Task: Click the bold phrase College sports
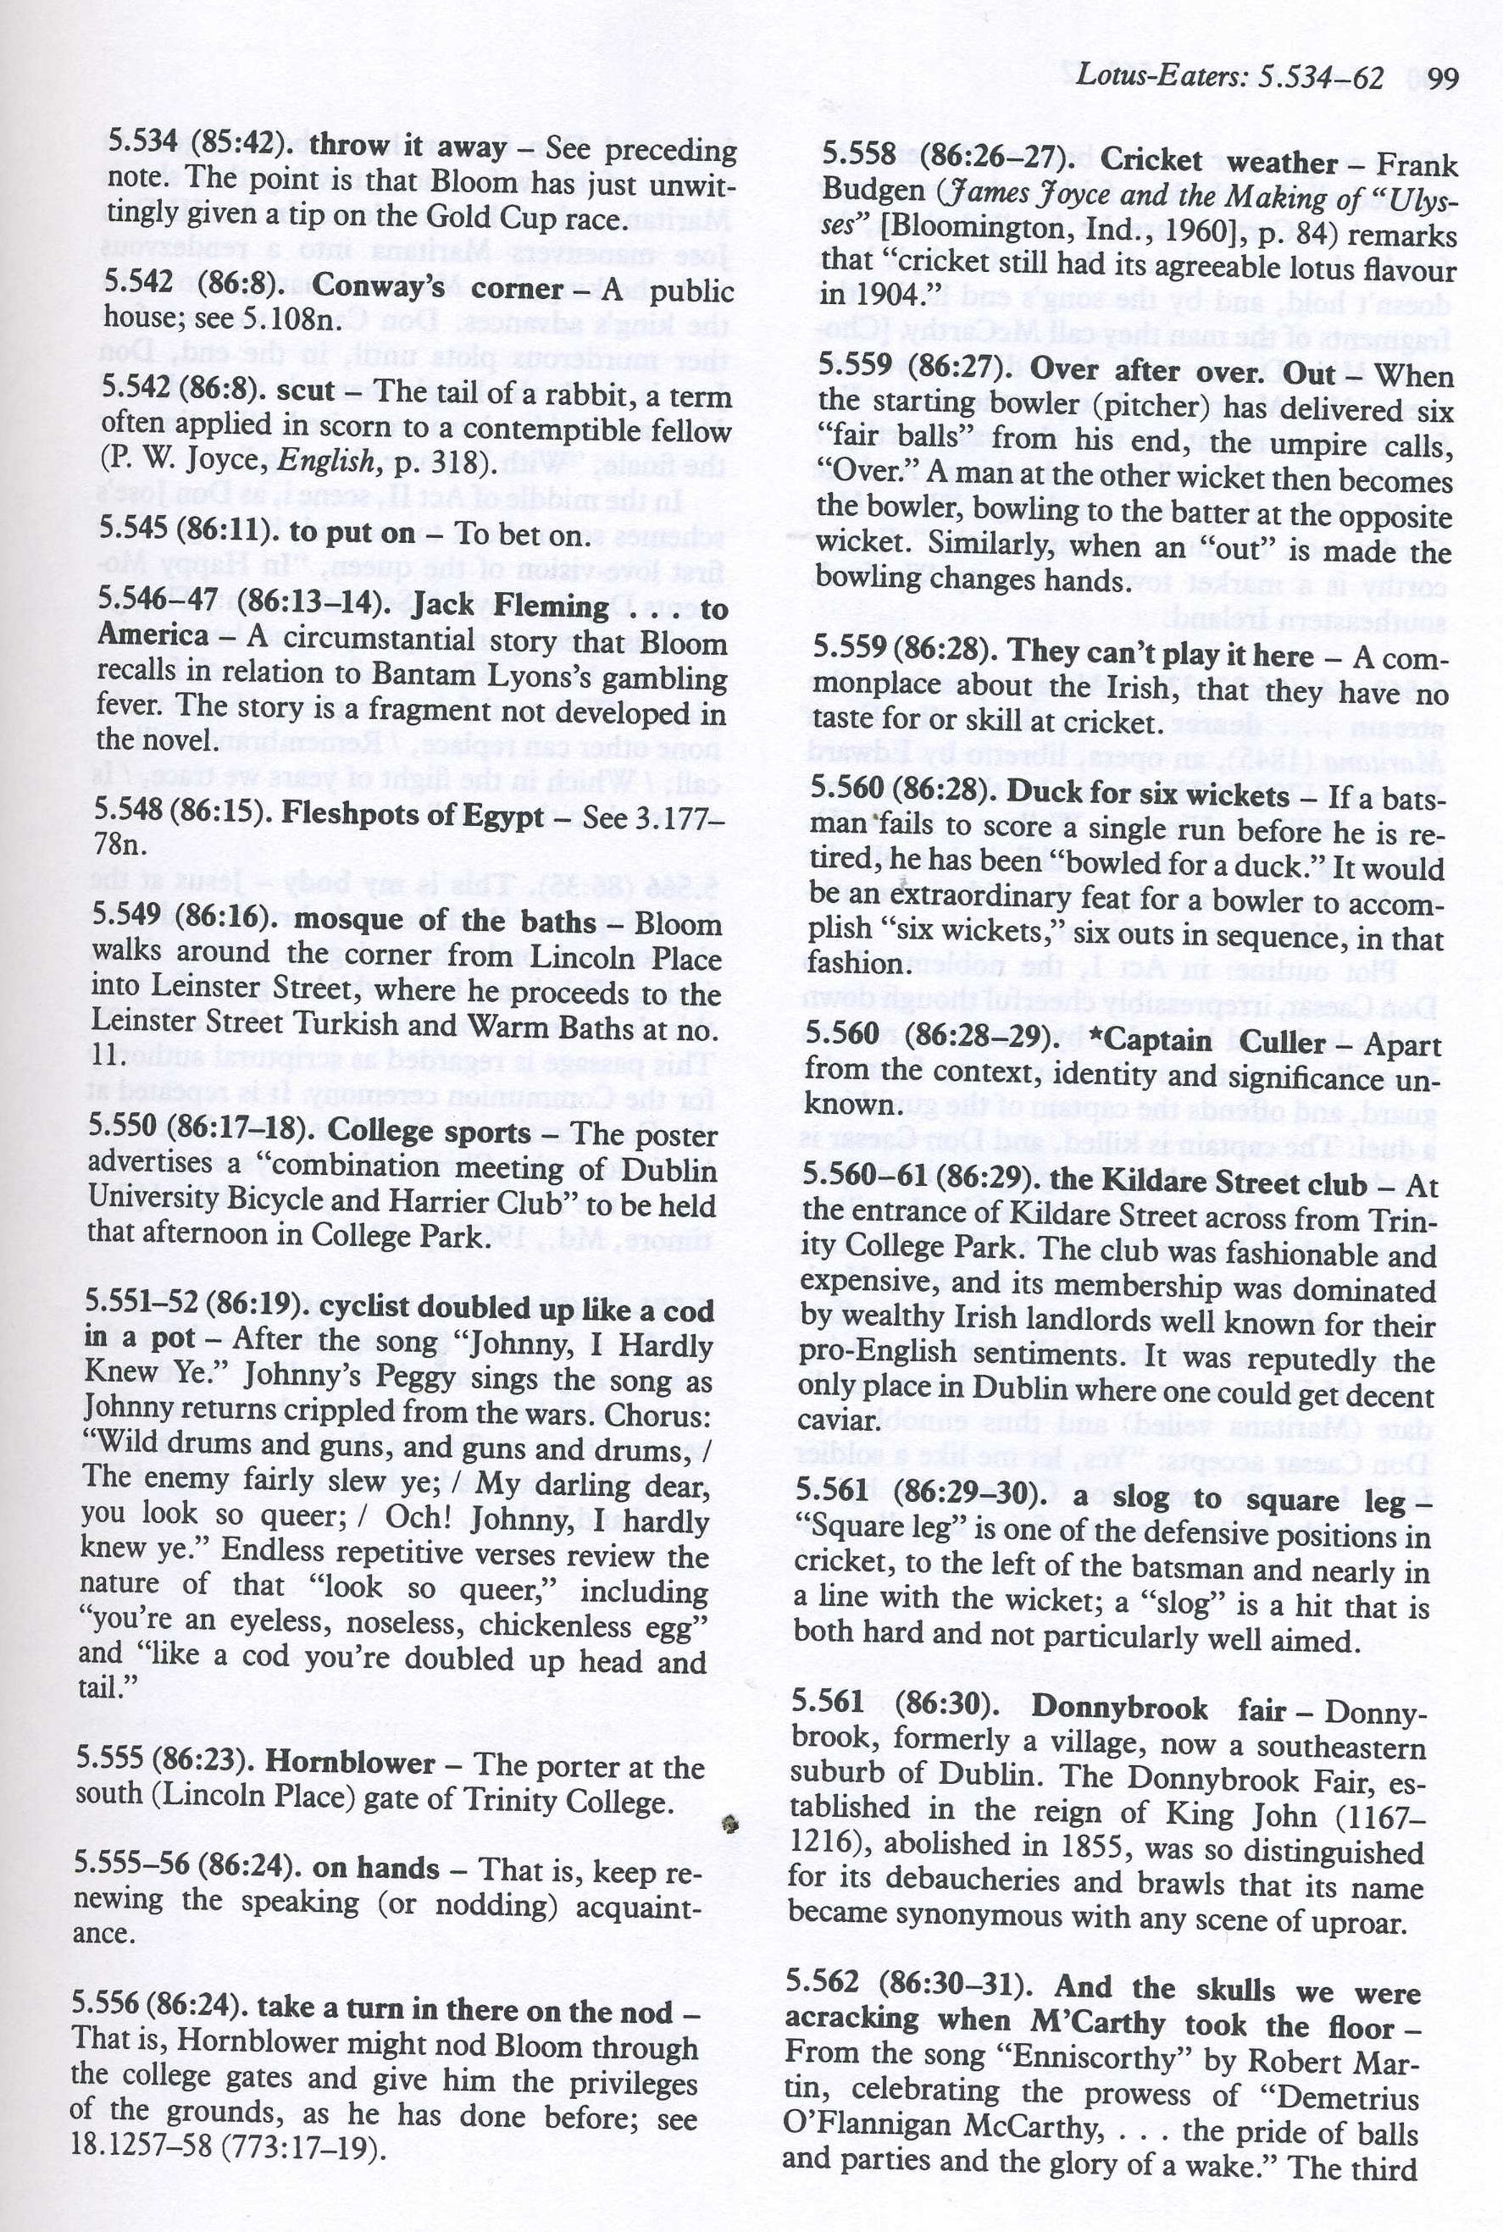428,1132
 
